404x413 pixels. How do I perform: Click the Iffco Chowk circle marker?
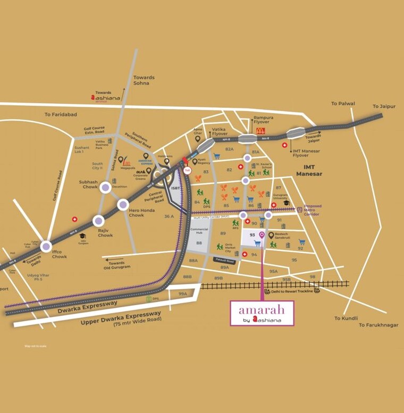pyautogui.click(x=46, y=246)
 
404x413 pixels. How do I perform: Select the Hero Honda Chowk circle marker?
pyautogui.click(x=123, y=204)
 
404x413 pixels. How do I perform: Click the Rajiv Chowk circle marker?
pyautogui.click(x=98, y=221)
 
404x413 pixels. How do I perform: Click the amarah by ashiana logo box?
pyautogui.click(x=262, y=313)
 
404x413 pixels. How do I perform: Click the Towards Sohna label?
pyautogui.click(x=144, y=80)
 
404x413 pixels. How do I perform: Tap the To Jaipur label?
pyautogui.click(x=384, y=106)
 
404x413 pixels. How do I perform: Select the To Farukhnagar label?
pyautogui.click(x=378, y=325)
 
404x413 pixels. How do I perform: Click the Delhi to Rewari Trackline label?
pyautogui.click(x=292, y=292)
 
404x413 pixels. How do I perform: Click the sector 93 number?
pyautogui.click(x=252, y=235)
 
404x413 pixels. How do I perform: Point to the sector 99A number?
pyautogui.click(x=183, y=293)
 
